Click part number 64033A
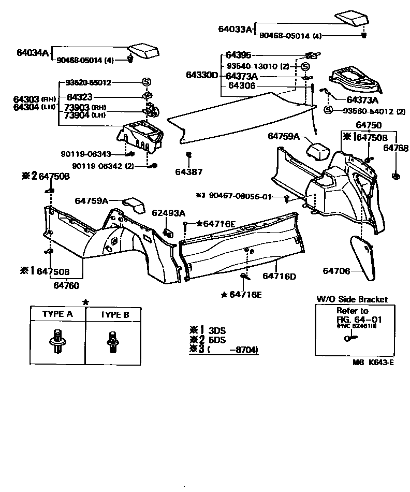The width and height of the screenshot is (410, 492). point(235,29)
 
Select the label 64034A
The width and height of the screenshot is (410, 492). point(32,53)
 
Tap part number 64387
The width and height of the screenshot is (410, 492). point(188,171)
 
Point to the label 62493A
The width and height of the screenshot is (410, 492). point(168,213)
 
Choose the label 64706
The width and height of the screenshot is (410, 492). point(336,271)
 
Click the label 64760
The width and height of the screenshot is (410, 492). point(66,285)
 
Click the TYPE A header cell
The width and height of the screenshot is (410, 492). point(57,314)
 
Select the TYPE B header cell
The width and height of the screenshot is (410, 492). point(114,314)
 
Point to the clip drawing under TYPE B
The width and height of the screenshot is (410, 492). point(111,341)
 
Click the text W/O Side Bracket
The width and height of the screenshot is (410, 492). point(352,300)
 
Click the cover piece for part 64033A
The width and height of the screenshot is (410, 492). point(352,18)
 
